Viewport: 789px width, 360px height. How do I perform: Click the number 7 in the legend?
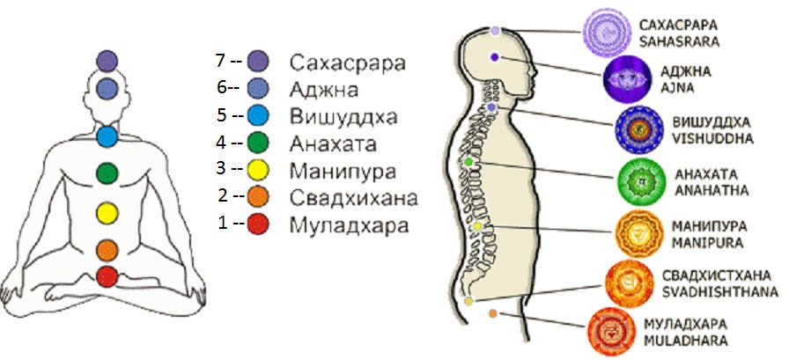coord(220,62)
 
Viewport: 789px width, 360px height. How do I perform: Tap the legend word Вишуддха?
coord(343,118)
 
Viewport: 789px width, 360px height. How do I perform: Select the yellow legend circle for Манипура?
coord(258,170)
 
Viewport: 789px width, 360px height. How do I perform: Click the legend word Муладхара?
coord(349,225)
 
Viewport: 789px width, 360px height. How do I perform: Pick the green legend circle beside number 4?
coord(258,143)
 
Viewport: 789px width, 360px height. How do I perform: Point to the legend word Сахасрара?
coord(348,64)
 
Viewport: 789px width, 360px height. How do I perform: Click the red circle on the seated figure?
coord(107,276)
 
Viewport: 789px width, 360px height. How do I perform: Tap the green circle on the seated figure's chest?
coord(107,173)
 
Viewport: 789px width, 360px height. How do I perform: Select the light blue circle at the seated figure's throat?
coord(107,136)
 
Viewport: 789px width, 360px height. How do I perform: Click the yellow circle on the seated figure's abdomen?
coord(107,213)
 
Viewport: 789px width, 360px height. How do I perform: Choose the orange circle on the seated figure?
coord(107,250)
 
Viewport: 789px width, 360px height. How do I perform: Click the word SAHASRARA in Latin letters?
coord(679,41)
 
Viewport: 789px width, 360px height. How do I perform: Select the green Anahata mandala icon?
coord(642,181)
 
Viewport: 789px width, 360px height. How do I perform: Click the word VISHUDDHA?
coord(712,139)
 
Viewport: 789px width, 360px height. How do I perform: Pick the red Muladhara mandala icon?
coord(612,331)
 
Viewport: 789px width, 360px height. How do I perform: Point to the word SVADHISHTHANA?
coord(720,292)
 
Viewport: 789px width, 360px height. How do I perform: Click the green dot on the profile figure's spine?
coord(468,162)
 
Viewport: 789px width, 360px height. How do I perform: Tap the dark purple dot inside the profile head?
coord(495,57)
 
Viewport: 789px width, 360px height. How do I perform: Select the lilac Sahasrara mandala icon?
coord(607,33)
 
